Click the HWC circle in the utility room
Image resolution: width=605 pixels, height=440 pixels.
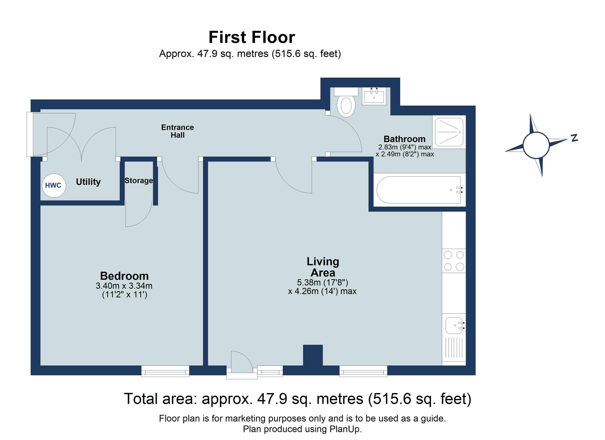pyautogui.click(x=54, y=186)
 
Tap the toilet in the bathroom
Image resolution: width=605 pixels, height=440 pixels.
pyautogui.click(x=346, y=102)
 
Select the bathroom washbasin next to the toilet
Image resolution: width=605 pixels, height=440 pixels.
pyautogui.click(x=374, y=96)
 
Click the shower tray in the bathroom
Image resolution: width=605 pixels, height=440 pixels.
pyautogui.click(x=449, y=132)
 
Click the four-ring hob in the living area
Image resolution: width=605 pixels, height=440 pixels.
pyautogui.click(x=454, y=261)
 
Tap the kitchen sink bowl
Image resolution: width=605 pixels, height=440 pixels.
pyautogui.click(x=454, y=325)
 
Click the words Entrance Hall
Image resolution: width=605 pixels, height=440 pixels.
pyautogui.click(x=177, y=131)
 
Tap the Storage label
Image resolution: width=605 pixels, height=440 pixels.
pyautogui.click(x=139, y=181)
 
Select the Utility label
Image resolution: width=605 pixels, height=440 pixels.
pyautogui.click(x=88, y=182)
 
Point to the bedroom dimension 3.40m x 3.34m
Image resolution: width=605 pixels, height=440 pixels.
pyautogui.click(x=124, y=286)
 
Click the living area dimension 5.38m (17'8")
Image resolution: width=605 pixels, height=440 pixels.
pyautogui.click(x=322, y=282)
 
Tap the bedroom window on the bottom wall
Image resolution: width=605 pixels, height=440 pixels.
pyautogui.click(x=165, y=371)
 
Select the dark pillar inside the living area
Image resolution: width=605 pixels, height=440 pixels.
pyautogui.click(x=313, y=355)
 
